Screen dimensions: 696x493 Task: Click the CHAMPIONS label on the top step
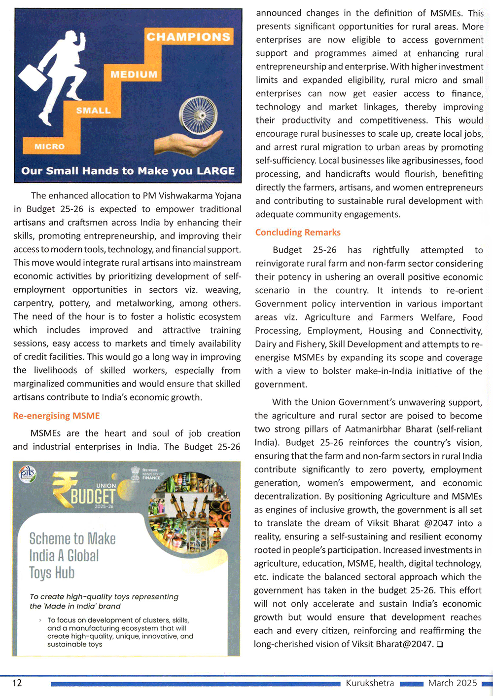click(x=188, y=37)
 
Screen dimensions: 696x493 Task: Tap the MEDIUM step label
click(x=134, y=75)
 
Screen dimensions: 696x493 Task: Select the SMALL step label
click(x=93, y=111)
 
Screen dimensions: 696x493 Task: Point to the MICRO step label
click(x=49, y=147)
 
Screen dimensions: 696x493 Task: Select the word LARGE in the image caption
click(x=215, y=171)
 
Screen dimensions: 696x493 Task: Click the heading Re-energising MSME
click(x=56, y=416)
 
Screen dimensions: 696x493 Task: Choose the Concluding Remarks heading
click(x=298, y=232)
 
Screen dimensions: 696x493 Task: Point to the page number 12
click(x=17, y=683)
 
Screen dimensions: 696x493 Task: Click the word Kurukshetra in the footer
click(x=370, y=683)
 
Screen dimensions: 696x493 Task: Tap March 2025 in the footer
click(x=453, y=683)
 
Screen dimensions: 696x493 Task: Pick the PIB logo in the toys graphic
click(x=27, y=474)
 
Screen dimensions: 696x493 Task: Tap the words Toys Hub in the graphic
click(x=52, y=573)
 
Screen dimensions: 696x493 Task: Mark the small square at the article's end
click(x=439, y=644)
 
